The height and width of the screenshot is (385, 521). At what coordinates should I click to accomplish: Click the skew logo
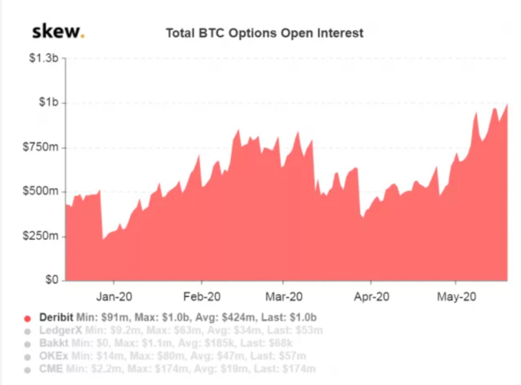click(58, 32)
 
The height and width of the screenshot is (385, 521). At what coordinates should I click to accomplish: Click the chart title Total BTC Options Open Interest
click(264, 33)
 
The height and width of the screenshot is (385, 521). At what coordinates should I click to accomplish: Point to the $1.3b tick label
click(44, 58)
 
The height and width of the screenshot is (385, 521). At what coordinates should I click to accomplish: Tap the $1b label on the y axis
click(49, 102)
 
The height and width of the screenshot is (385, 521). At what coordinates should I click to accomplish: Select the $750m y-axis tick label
click(41, 147)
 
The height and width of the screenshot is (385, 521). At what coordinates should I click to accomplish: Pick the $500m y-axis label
click(41, 191)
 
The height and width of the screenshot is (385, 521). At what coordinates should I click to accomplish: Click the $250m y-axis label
click(41, 236)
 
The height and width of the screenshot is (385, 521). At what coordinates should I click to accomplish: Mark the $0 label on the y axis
click(52, 279)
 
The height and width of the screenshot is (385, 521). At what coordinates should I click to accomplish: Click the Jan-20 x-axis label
click(114, 297)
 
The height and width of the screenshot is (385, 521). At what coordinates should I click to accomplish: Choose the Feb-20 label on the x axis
click(202, 297)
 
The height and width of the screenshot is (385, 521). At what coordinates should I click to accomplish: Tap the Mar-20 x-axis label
click(284, 297)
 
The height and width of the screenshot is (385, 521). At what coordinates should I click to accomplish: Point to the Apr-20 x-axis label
click(371, 297)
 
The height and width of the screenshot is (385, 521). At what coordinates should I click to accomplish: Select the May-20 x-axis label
click(456, 297)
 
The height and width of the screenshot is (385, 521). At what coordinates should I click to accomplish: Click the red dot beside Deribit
click(28, 318)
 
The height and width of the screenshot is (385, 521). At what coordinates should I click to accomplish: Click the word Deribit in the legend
click(56, 317)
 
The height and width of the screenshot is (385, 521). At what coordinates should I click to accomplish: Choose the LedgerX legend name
click(60, 330)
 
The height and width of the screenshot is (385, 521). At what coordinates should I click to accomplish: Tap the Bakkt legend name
click(54, 343)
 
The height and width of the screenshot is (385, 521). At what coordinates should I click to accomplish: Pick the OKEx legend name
click(54, 356)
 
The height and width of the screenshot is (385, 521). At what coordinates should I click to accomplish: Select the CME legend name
click(51, 369)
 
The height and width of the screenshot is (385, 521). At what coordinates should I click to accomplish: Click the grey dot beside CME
click(28, 370)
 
